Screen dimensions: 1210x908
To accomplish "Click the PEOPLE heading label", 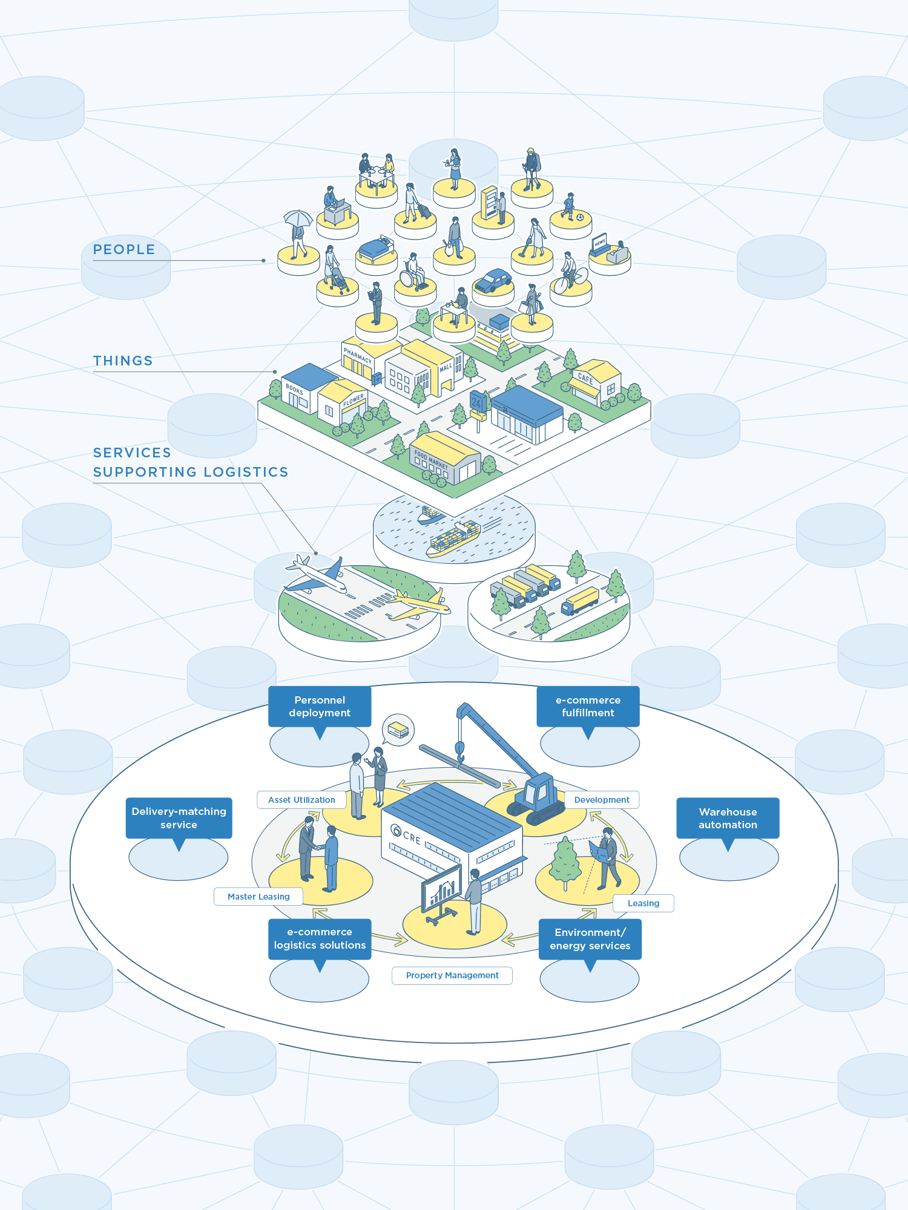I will pos(124,249).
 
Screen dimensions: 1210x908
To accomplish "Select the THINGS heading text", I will pos(123,361).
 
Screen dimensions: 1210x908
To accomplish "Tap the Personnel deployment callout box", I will pos(320,706).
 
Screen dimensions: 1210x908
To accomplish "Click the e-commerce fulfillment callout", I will pos(588,706).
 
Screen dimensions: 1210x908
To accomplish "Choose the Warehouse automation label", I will pos(728,818).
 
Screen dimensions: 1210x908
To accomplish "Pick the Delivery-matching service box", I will pos(179,818).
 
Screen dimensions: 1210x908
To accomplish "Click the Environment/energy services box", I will pos(590,939).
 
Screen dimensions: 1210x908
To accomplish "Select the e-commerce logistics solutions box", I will pos(320,938).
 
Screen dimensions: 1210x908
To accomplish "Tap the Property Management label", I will pos(452,975).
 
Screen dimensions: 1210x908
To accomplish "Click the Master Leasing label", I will pos(258,897).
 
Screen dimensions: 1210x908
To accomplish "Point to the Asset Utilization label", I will pos(301,800).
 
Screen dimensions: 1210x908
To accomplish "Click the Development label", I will pos(602,800).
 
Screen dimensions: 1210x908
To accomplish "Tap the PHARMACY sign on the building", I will pos(358,355).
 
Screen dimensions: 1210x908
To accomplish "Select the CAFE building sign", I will pos(585,379).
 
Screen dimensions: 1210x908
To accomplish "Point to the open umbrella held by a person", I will pos(298,217).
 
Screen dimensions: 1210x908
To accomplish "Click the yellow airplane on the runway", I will pos(419,604).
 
